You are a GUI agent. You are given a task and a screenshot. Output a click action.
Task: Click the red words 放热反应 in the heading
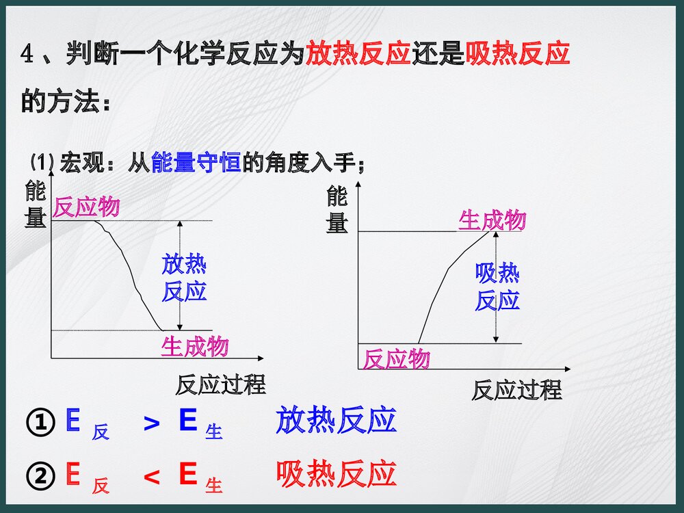[x=358, y=53]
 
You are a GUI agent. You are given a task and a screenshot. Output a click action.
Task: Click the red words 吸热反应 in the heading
[x=518, y=53]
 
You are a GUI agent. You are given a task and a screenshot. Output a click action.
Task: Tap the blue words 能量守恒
[x=196, y=163]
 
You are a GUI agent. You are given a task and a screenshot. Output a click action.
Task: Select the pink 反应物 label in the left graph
[x=86, y=207]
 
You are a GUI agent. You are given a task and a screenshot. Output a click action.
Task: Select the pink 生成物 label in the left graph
[x=195, y=347]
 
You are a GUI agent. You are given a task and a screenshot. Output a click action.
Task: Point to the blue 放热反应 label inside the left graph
[x=184, y=278]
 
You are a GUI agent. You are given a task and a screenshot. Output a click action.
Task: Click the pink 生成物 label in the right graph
[x=492, y=220]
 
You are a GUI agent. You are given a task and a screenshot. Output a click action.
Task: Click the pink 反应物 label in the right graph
[x=396, y=358]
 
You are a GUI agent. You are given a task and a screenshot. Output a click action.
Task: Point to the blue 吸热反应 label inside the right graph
[x=497, y=287]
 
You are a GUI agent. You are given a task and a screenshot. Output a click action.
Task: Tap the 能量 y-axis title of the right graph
[x=337, y=210]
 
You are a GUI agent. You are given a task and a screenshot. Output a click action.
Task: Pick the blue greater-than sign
[x=152, y=424]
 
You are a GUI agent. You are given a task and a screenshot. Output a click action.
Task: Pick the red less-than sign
[x=152, y=477]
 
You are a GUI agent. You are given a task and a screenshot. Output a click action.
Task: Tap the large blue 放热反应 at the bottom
[x=336, y=420]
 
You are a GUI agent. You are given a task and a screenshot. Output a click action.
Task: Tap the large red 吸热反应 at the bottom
[x=336, y=474]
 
